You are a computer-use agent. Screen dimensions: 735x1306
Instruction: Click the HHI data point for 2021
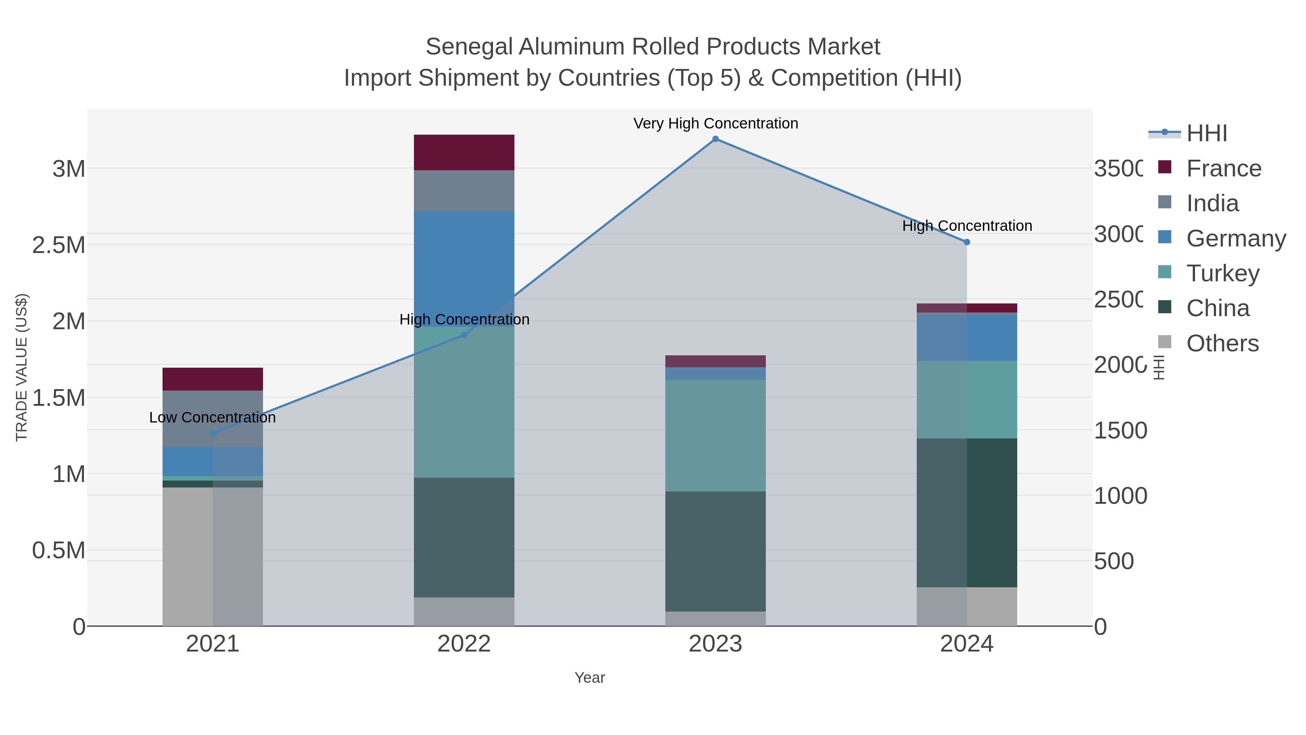pos(213,433)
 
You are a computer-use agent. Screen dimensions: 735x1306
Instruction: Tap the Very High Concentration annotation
pos(715,123)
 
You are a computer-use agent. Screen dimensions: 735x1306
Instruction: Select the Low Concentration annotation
pos(213,417)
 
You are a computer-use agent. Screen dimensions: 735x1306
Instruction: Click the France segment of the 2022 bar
pos(464,152)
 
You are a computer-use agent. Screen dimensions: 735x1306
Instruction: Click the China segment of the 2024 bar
pos(967,512)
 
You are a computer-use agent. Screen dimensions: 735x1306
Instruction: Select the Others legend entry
pos(1222,343)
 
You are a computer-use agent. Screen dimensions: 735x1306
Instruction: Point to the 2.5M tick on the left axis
pos(58,245)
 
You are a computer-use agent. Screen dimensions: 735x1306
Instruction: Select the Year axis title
pos(590,678)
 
